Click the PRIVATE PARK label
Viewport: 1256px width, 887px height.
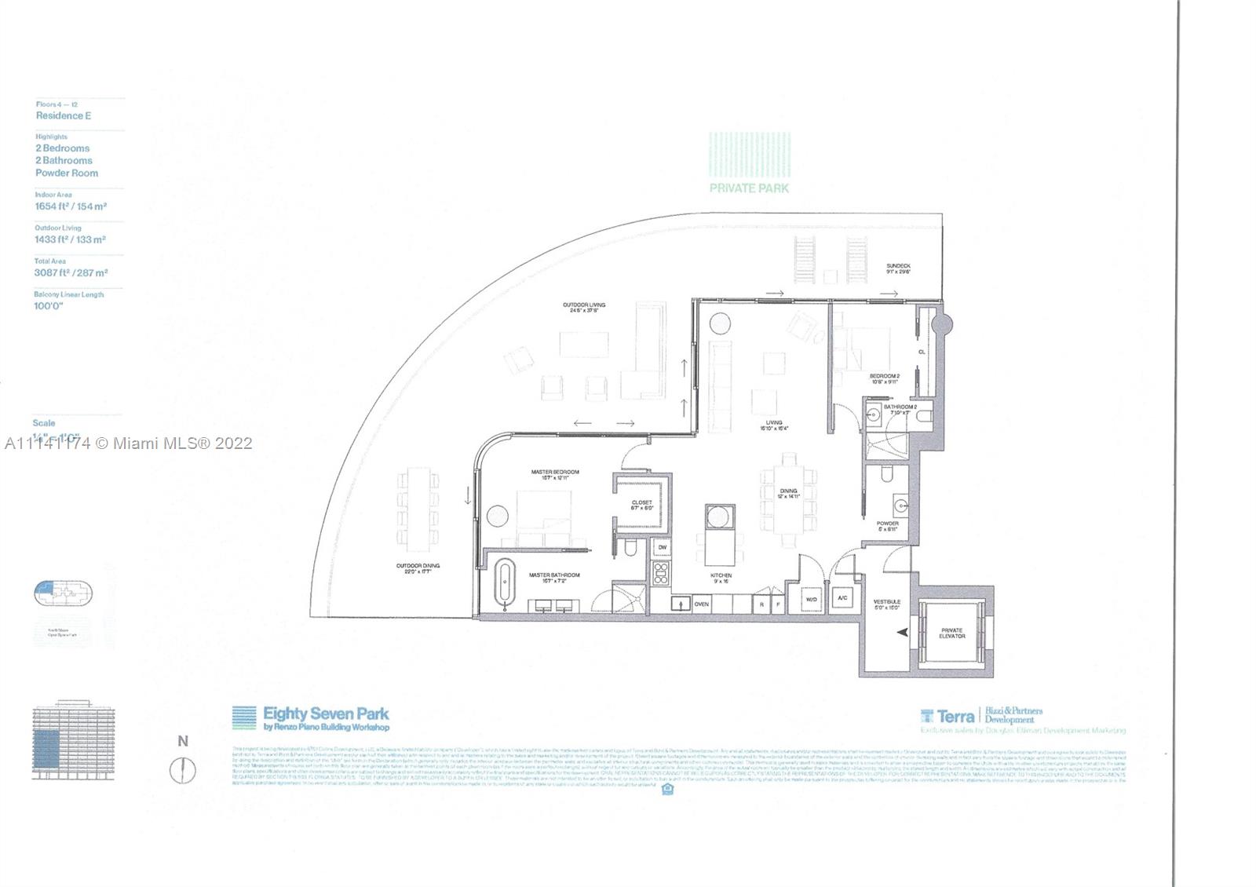[749, 188]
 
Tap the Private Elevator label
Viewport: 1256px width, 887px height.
[951, 633]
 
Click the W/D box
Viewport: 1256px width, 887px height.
[811, 600]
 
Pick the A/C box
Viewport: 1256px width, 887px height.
[843, 599]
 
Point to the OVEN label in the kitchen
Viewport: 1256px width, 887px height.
[701, 604]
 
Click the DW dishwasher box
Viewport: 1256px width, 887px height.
[662, 547]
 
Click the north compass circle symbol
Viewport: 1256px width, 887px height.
[183, 769]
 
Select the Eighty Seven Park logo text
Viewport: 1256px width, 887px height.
[326, 714]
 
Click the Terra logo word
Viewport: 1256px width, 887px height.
[955, 716]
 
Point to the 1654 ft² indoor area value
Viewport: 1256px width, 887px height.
[57, 206]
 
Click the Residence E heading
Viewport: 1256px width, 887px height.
[64, 115]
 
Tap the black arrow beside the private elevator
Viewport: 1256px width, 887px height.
[902, 631]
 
